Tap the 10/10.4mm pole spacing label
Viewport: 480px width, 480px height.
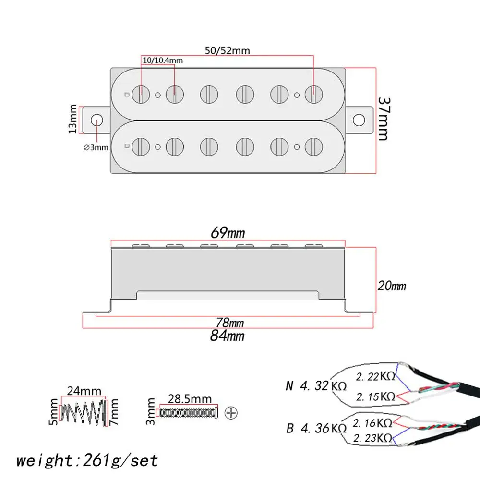coord(162,60)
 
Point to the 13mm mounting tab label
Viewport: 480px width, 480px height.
coord(72,119)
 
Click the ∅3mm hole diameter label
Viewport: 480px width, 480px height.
coord(96,147)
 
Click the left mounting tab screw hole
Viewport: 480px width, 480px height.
coord(97,119)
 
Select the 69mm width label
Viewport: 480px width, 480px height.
coord(228,233)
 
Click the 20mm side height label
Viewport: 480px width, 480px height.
coord(391,286)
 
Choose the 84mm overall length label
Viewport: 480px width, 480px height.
coord(227,336)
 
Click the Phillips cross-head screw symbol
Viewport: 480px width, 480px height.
coord(231,412)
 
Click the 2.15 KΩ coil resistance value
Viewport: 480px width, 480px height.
coord(375,396)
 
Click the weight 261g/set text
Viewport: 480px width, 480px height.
coord(87,460)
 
